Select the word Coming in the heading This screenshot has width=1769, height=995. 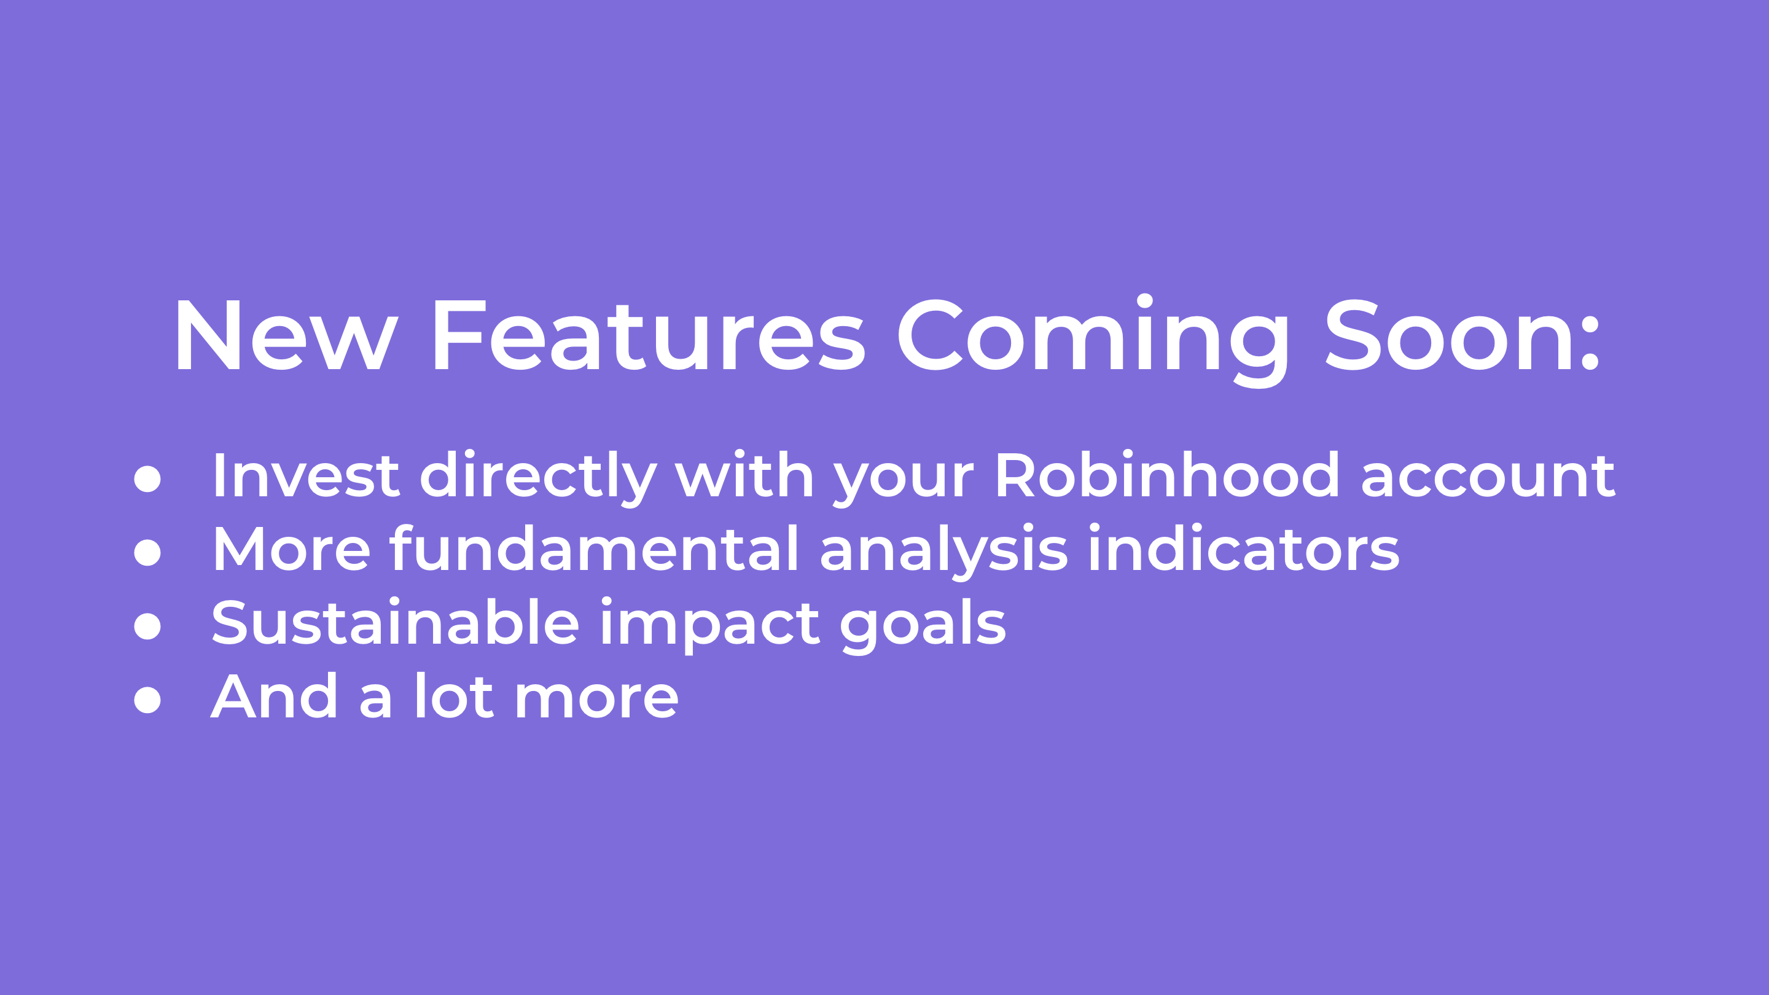tap(1093, 341)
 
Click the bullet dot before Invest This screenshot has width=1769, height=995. tap(147, 478)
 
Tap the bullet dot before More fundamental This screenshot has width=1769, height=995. tap(147, 552)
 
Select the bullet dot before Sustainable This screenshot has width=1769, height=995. tap(147, 626)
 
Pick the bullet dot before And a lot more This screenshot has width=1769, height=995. tap(147, 699)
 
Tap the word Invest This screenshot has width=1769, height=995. tap(307, 475)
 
